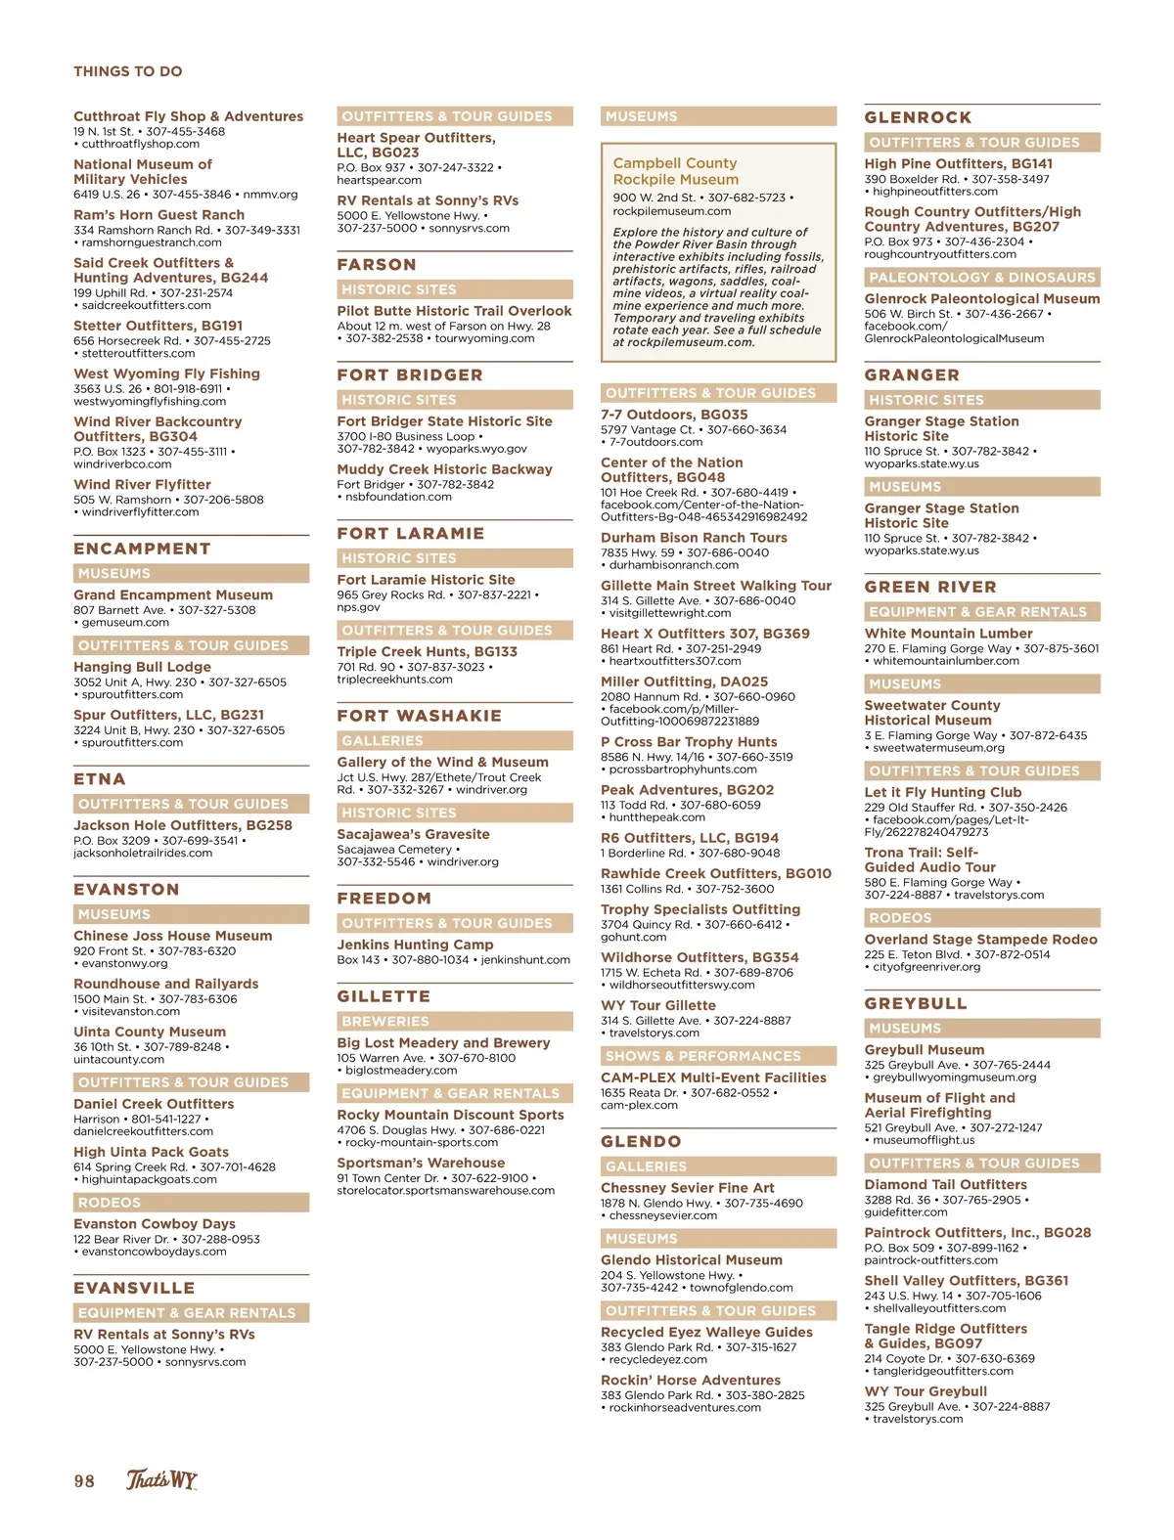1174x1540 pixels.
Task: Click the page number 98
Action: tap(84, 1480)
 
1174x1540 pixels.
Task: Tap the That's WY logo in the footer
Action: tap(161, 1479)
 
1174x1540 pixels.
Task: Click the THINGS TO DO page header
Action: tap(128, 71)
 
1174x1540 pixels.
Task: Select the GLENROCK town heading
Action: tap(918, 117)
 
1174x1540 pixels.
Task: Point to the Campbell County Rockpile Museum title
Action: tap(675, 171)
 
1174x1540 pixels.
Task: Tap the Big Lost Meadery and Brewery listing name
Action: tap(443, 1042)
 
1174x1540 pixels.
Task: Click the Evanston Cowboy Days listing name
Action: tap(155, 1224)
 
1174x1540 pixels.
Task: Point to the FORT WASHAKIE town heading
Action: tap(419, 716)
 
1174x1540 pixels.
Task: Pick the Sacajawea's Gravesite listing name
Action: tap(413, 834)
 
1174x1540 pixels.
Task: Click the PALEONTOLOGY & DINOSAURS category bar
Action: tap(982, 278)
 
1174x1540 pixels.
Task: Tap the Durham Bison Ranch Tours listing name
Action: tap(694, 538)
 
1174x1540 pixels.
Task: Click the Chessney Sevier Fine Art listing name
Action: tap(687, 1188)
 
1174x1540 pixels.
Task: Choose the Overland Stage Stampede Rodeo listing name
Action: tap(980, 940)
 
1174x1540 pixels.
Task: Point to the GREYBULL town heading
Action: tap(916, 1004)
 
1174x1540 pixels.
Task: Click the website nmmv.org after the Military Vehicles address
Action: tap(270, 195)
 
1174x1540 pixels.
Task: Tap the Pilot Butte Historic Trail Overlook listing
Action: tap(454, 311)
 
